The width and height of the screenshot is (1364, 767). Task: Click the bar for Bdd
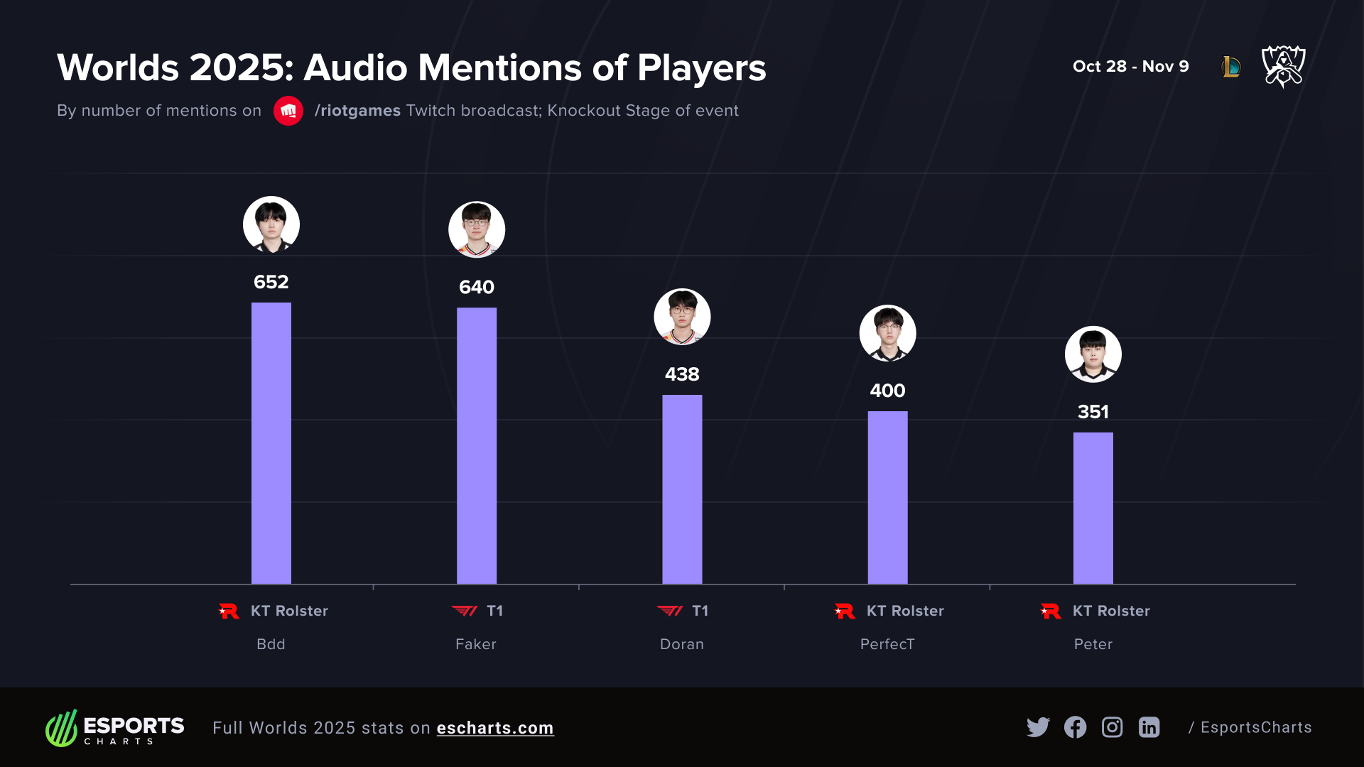[x=271, y=443]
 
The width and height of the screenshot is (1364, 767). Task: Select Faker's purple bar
[x=476, y=446]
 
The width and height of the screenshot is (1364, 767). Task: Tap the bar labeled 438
[x=682, y=489]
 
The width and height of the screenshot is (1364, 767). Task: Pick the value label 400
[x=887, y=391]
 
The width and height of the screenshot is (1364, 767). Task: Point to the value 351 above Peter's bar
[x=1093, y=412]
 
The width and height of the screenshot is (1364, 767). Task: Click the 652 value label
[x=271, y=282]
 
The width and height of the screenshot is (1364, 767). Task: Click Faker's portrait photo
[x=476, y=229]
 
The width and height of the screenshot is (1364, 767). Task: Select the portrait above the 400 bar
[x=887, y=333]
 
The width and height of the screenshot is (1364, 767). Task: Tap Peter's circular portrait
[x=1093, y=354]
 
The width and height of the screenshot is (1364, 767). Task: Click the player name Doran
[x=682, y=644]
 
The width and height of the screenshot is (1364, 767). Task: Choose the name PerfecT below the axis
[x=887, y=644]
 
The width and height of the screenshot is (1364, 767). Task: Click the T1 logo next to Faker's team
[x=465, y=611]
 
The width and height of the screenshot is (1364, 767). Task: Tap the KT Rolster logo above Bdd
[x=229, y=611]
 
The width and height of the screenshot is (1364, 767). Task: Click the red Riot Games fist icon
[x=288, y=111]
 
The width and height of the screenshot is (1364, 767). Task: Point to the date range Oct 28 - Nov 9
[x=1130, y=66]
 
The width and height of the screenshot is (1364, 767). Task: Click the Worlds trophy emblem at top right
[x=1283, y=66]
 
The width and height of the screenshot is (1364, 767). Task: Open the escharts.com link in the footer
[x=494, y=728]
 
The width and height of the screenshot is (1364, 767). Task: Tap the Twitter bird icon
[x=1038, y=727]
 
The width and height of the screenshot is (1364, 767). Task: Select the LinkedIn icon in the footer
[x=1149, y=727]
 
